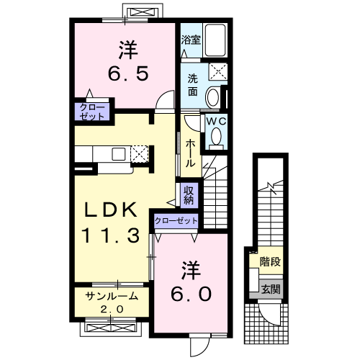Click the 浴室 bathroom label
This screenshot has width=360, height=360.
coord(191,40)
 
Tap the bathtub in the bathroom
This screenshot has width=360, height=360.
coord(215,40)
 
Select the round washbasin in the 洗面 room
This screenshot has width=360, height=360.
coord(213,98)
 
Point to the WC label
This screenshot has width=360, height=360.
coord(217,121)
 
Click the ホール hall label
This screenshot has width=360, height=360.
coord(191,153)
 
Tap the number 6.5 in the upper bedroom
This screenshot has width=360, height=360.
coord(128,73)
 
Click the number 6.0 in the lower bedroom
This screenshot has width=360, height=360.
coord(192,294)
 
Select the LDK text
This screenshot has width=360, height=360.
coord(111,210)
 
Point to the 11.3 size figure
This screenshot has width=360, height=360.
coord(110,235)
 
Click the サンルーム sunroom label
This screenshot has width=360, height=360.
coord(112,296)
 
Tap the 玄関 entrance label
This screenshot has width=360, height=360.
coord(271,289)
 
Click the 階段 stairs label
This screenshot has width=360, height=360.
coord(270,261)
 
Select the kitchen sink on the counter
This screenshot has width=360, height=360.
coord(119,154)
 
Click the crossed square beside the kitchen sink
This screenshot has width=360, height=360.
coord(139,153)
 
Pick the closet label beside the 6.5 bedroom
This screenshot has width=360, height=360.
coord(92,112)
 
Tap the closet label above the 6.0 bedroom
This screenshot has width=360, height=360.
coord(176,220)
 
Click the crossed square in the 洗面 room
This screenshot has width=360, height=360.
coord(218,71)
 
